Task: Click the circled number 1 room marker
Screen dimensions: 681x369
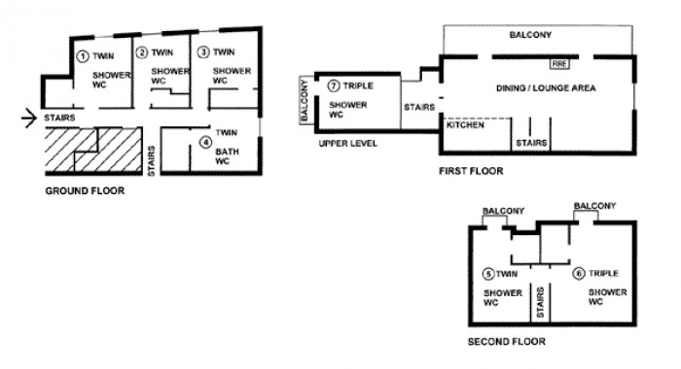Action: point(83,56)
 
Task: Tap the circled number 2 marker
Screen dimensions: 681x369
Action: point(142,52)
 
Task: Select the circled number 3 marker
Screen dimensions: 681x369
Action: point(203,52)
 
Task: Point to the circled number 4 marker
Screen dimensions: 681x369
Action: point(206,142)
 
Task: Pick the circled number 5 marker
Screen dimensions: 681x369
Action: point(488,274)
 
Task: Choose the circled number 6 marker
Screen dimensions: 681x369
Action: point(579,274)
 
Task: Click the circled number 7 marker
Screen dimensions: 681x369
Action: point(334,85)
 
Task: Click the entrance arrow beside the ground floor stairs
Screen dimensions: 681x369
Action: point(29,117)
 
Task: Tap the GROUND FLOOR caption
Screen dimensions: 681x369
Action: point(86,190)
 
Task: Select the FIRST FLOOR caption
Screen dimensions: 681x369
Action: point(471,171)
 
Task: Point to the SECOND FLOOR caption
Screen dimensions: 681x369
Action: point(507,342)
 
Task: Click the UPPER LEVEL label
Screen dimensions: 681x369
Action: point(348,144)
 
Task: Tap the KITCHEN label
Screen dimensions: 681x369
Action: point(466,125)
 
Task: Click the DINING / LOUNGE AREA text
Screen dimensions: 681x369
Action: point(546,88)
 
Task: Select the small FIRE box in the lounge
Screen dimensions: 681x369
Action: point(559,64)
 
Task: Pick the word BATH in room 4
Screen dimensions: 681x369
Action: point(227,151)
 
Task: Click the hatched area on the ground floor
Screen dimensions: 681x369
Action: point(93,150)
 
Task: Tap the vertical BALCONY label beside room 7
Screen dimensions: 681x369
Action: point(305,101)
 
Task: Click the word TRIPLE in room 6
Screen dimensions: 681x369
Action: point(603,274)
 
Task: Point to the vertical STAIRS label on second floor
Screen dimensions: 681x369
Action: point(540,302)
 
